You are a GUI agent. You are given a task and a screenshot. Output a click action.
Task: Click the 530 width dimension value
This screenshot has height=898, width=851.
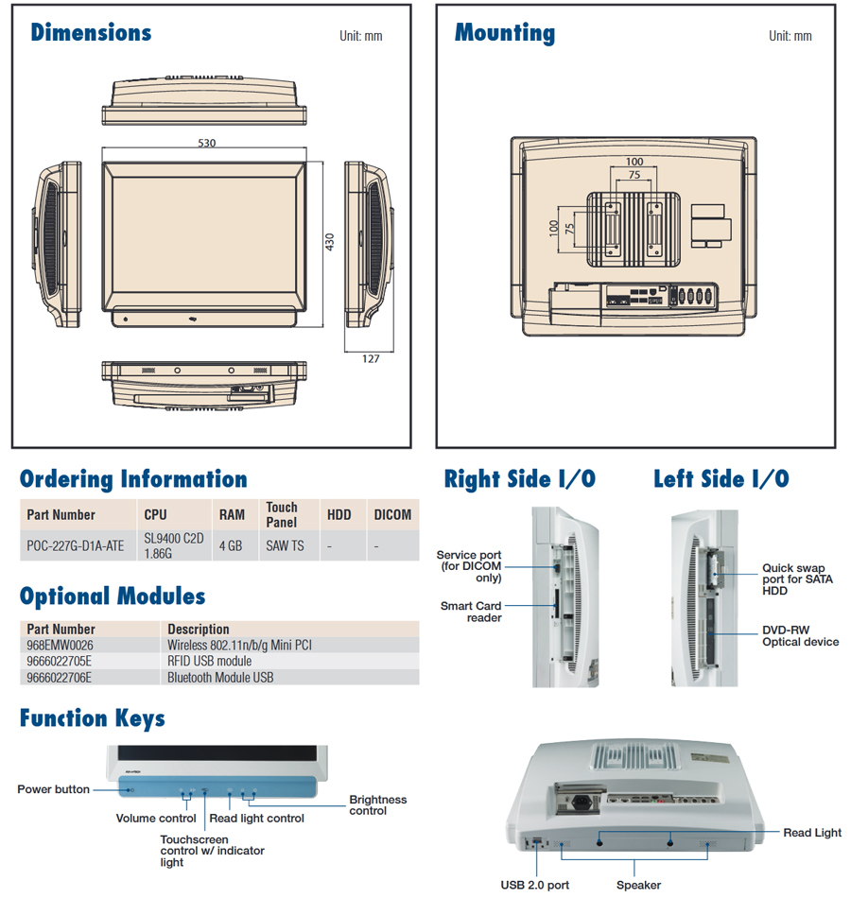pos(206,144)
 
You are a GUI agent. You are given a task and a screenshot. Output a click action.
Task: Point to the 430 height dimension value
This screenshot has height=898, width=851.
pos(330,242)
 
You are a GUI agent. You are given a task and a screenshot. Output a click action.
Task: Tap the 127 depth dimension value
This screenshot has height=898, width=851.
pos(370,358)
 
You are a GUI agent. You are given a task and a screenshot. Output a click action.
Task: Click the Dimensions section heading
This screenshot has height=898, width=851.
pos(91,32)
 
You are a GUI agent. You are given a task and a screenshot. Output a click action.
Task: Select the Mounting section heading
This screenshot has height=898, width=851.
pos(505,32)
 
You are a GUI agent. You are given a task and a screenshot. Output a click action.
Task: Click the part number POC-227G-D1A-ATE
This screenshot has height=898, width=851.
pos(76,545)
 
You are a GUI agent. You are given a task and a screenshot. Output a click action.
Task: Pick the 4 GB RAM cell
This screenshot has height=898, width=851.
pos(230,545)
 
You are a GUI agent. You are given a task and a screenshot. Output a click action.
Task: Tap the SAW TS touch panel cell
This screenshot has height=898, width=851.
pos(285,545)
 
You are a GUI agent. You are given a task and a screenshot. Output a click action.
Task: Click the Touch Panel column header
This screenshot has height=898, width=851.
pos(282,514)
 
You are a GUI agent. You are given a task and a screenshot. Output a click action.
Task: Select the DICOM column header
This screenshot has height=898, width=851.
pos(392,514)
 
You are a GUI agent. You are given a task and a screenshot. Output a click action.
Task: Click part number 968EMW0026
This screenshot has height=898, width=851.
pos(61,645)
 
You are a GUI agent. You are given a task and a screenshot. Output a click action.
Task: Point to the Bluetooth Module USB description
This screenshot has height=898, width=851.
pos(220,677)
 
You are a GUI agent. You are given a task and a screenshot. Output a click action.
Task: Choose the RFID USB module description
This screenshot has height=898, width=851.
pos(210,661)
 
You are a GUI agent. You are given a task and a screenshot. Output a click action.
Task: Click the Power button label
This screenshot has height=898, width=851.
pos(54,789)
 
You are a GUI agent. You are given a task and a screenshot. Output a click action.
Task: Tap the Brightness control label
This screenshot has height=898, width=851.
pos(377,805)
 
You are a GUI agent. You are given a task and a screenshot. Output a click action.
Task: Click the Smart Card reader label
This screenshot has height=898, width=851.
pos(471,612)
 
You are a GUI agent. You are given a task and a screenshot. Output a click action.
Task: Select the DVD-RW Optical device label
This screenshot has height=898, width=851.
pos(800,636)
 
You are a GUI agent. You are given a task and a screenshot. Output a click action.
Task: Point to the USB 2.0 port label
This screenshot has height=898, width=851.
pos(534,886)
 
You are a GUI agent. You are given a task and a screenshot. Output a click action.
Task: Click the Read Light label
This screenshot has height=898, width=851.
pos(812,833)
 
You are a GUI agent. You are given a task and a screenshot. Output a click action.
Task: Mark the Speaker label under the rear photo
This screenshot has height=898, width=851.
pos(638,886)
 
